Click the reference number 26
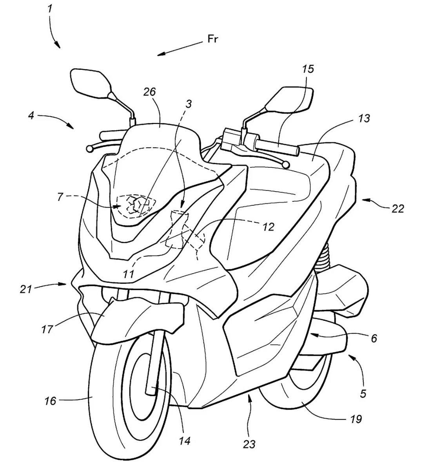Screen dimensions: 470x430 click(149, 92)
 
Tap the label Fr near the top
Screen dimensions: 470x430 click(213, 39)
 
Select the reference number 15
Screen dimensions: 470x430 click(308, 69)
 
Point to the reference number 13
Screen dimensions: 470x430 click(364, 118)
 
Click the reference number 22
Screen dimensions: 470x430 click(397, 209)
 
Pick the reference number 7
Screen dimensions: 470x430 click(60, 197)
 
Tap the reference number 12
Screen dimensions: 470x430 click(269, 227)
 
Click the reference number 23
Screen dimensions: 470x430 click(249, 444)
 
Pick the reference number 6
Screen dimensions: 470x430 click(374, 338)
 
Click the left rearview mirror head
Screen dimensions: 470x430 click(89, 82)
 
